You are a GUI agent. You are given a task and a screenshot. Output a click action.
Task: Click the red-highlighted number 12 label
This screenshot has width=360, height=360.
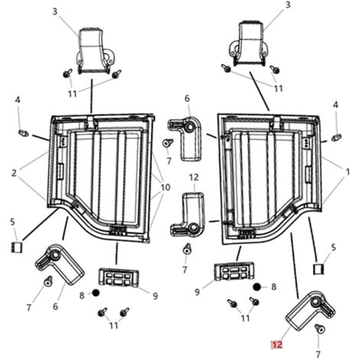click(277, 345)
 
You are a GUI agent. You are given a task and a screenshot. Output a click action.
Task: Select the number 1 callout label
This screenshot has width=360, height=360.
click(348, 172)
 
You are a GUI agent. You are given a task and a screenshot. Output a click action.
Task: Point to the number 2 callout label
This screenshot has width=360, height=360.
click(14, 173)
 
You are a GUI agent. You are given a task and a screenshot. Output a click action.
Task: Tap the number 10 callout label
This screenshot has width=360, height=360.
click(165, 188)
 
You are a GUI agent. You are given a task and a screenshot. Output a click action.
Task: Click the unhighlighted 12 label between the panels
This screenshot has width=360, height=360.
click(194, 177)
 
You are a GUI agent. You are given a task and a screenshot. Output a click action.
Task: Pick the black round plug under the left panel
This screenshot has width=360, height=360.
click(96, 293)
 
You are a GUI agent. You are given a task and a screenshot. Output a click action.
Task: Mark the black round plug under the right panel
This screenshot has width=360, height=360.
click(257, 287)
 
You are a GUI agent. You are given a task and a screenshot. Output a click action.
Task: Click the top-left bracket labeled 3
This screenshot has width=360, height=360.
click(94, 51)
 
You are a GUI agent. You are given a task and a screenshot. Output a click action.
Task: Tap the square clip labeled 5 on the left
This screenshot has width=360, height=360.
click(17, 247)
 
